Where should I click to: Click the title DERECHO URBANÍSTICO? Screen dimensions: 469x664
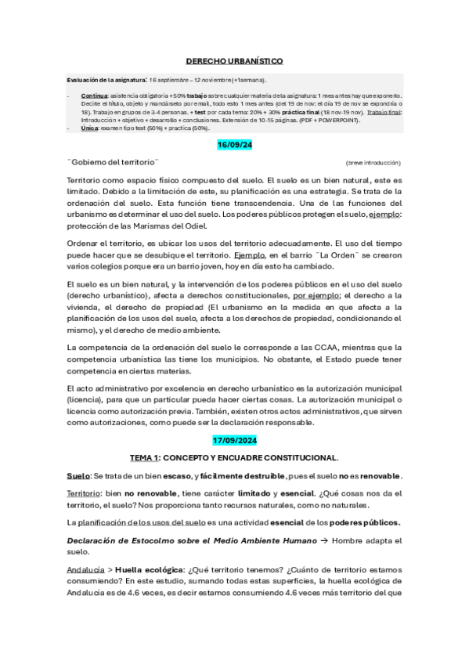coord(234,61)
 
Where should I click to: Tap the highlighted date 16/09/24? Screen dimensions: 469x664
coord(234,146)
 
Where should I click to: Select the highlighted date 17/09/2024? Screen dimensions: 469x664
coord(234,442)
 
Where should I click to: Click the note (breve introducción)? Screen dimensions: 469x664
coord(373,162)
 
